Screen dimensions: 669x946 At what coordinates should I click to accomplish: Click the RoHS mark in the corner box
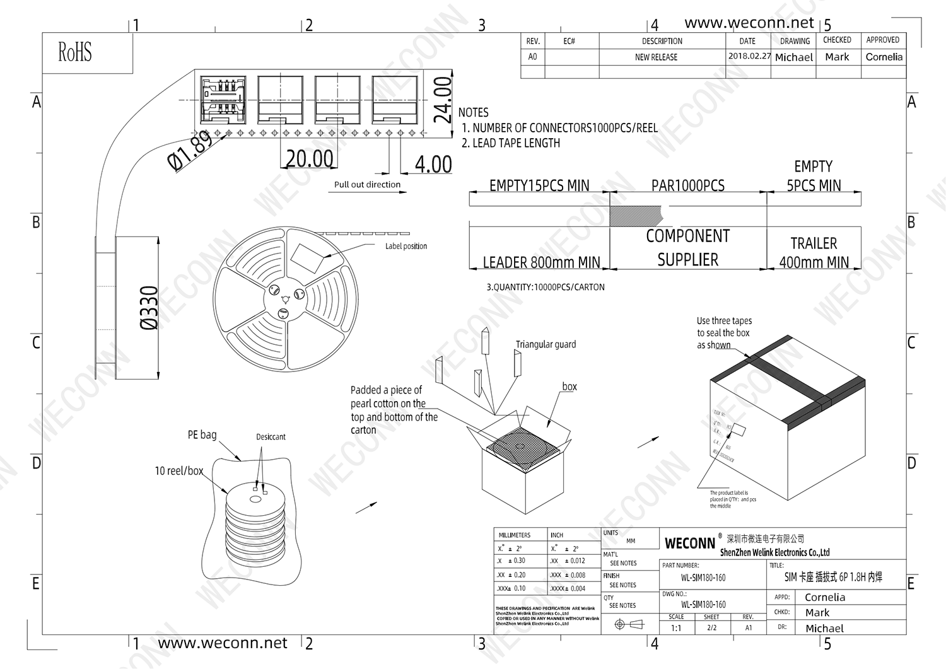pyautogui.click(x=75, y=52)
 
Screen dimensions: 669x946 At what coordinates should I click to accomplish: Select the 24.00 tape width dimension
pyautogui.click(x=444, y=100)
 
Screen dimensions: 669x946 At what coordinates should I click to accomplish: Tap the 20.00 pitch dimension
pyautogui.click(x=309, y=159)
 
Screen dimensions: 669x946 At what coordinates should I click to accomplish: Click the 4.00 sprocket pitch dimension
pyautogui.click(x=433, y=165)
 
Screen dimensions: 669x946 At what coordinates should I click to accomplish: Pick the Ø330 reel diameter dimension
pyautogui.click(x=149, y=308)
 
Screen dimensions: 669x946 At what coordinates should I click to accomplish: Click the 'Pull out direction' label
pyautogui.click(x=367, y=185)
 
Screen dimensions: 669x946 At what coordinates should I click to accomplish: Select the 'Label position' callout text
pyautogui.click(x=406, y=247)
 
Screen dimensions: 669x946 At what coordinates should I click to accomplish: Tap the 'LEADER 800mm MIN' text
pyautogui.click(x=541, y=262)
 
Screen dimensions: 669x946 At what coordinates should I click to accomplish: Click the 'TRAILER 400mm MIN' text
pyautogui.click(x=814, y=253)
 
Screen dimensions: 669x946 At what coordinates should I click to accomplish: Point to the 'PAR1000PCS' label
pyautogui.click(x=688, y=186)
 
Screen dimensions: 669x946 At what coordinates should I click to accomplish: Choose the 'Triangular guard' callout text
pyautogui.click(x=546, y=344)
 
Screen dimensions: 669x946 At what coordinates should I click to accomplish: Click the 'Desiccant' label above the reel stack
pyautogui.click(x=271, y=437)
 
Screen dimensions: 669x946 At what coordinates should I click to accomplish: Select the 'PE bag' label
pyautogui.click(x=202, y=435)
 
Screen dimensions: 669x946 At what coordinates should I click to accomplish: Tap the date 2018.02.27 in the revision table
pyautogui.click(x=749, y=56)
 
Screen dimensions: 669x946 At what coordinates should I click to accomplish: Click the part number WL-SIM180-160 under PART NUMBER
pyautogui.click(x=703, y=578)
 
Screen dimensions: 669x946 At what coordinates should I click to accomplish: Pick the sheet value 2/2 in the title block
pyautogui.click(x=711, y=628)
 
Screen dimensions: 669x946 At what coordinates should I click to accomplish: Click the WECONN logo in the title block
pyautogui.click(x=690, y=544)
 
